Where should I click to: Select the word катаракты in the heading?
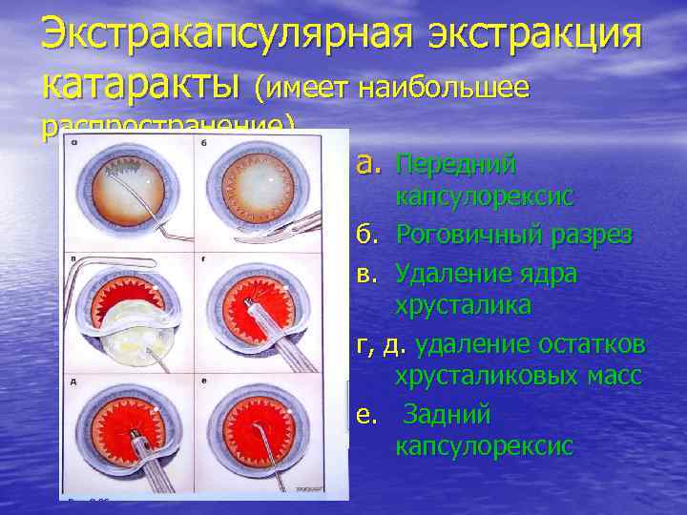click(140, 87)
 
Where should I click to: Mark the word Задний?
click(448, 415)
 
